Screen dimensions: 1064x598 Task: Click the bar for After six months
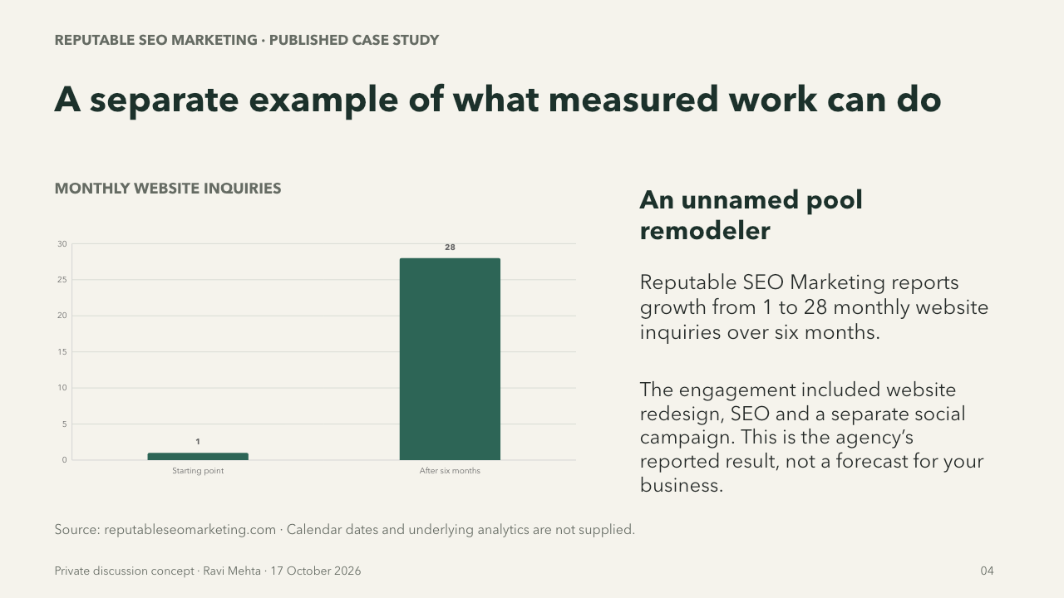[x=450, y=359]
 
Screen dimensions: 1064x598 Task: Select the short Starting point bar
[x=198, y=456]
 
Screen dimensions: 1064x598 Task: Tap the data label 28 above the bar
[x=450, y=248]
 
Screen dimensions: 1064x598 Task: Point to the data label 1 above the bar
[x=198, y=442]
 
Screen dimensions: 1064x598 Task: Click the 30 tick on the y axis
[x=62, y=244]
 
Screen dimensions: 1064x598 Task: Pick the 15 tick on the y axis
[x=62, y=351]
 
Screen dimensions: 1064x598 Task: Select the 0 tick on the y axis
[x=64, y=460]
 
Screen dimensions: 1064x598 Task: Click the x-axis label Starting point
[x=198, y=471]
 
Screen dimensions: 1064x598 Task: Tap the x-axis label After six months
[x=450, y=471]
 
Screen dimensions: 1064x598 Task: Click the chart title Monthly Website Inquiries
[x=168, y=189]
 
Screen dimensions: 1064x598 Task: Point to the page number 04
[x=987, y=571]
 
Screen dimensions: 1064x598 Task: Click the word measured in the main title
[x=633, y=100]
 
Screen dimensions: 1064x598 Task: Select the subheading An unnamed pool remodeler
[x=751, y=215]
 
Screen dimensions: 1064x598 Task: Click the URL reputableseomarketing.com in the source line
[x=190, y=530]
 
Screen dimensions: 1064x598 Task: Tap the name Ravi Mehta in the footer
[x=232, y=571]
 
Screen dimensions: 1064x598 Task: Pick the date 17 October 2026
[x=316, y=571]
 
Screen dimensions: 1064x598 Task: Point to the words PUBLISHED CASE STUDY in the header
[x=354, y=41]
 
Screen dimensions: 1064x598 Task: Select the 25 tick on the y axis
[x=62, y=280]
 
